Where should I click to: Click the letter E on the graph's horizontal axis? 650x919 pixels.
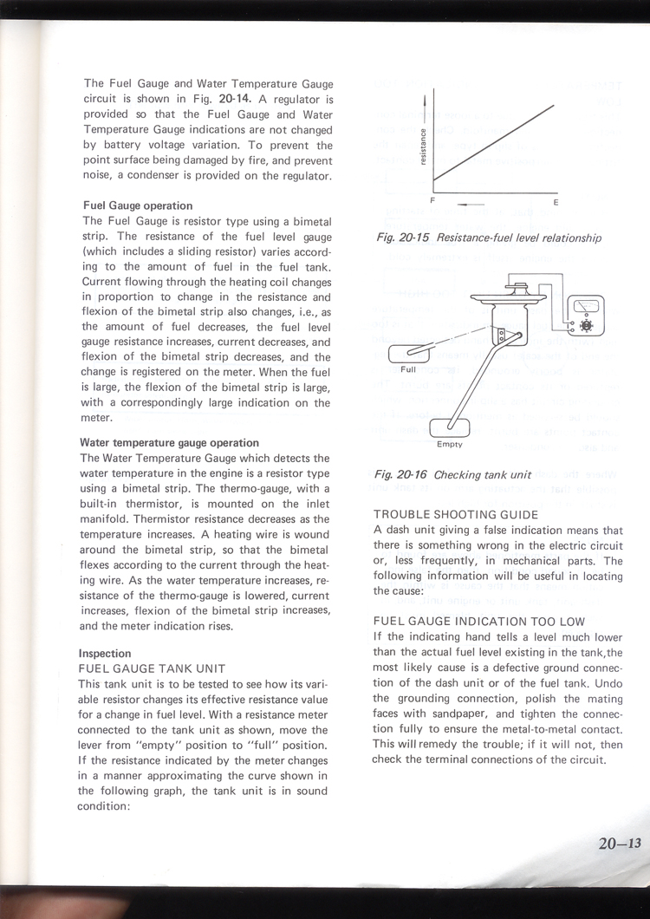pyautogui.click(x=556, y=203)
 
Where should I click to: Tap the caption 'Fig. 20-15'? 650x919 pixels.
pyautogui.click(x=403, y=238)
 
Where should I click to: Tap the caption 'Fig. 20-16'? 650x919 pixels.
pyautogui.click(x=401, y=475)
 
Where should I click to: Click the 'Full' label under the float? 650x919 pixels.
pyautogui.click(x=409, y=370)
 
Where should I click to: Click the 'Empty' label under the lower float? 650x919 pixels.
pyautogui.click(x=450, y=444)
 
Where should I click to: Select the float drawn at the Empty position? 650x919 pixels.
pyautogui.click(x=450, y=426)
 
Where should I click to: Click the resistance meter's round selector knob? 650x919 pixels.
pyautogui.click(x=585, y=323)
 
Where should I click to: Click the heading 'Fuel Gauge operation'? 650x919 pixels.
pyautogui.click(x=137, y=206)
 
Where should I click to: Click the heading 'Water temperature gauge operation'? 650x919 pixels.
pyautogui.click(x=169, y=443)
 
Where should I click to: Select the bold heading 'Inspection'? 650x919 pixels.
pyautogui.click(x=105, y=654)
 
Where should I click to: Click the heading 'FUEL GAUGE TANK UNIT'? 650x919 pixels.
pyautogui.click(x=153, y=669)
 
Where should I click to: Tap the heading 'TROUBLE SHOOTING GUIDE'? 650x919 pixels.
pyautogui.click(x=455, y=515)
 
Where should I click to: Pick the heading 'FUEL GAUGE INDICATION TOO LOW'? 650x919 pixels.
pyautogui.click(x=478, y=622)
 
